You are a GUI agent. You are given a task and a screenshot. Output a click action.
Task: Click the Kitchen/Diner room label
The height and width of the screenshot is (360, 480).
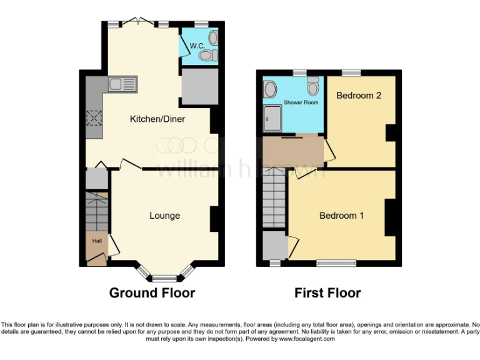tap(157, 119)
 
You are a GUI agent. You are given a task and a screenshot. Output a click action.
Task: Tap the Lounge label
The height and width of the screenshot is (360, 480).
tap(164, 216)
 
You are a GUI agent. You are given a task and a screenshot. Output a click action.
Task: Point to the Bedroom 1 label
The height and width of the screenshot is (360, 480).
tap(341, 216)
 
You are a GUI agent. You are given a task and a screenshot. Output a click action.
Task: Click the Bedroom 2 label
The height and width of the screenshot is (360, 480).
tap(358, 96)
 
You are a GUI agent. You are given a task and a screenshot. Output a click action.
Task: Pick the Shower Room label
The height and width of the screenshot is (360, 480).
tap(301, 102)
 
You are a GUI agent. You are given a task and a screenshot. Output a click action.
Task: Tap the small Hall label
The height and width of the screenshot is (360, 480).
tap(97, 241)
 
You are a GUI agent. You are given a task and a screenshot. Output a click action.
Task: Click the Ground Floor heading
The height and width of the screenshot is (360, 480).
tap(152, 292)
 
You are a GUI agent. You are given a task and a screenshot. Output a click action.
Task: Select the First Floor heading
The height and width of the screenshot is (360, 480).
tap(328, 292)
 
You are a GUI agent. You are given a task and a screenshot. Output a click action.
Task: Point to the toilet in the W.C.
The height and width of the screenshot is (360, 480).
tap(207, 56)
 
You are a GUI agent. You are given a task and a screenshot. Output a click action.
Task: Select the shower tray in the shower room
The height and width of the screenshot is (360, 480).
tap(272, 117)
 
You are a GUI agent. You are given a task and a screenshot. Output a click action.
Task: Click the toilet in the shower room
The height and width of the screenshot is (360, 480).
tap(313, 83)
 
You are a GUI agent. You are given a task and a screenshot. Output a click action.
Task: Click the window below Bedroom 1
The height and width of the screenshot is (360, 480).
tap(336, 264)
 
